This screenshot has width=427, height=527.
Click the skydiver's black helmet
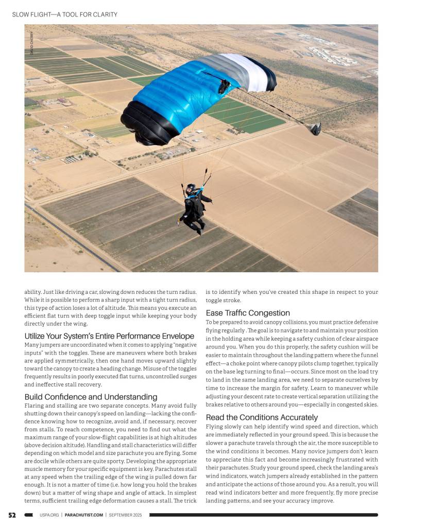point(191,189)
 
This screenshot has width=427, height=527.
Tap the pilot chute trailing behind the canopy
point(314,129)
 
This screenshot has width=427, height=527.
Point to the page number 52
point(12,515)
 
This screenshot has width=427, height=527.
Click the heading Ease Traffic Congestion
point(248,313)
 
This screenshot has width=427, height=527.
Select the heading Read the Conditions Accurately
point(262,417)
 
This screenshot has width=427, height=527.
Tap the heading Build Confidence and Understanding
point(91,397)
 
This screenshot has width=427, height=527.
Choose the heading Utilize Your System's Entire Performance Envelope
point(109,336)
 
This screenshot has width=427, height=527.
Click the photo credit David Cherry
point(31,43)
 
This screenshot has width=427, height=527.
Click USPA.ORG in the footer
point(48,515)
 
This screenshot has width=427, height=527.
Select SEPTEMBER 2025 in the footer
point(127,515)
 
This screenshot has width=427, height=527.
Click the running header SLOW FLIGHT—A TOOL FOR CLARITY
point(64,14)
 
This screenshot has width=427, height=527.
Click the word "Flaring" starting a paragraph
point(34,406)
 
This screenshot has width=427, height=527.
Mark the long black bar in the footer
point(263,515)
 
